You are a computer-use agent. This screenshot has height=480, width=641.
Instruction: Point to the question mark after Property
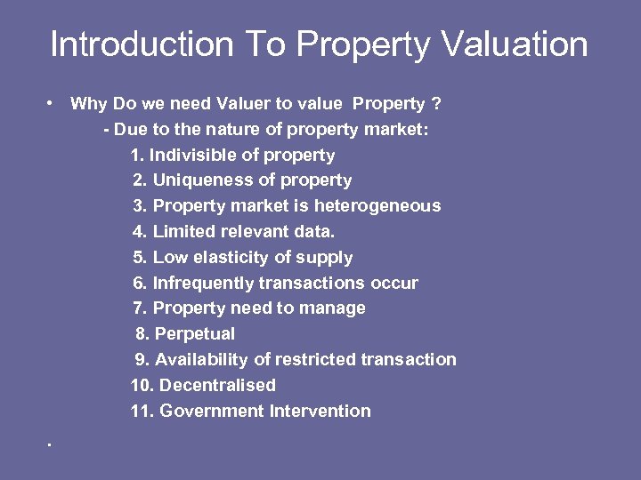click(x=436, y=104)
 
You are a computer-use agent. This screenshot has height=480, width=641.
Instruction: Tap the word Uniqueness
click(x=204, y=180)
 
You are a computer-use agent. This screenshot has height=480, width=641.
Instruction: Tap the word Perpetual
click(x=195, y=334)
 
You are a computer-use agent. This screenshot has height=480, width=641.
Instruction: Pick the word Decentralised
click(x=217, y=386)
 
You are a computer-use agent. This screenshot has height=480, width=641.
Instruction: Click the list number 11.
click(x=141, y=412)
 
